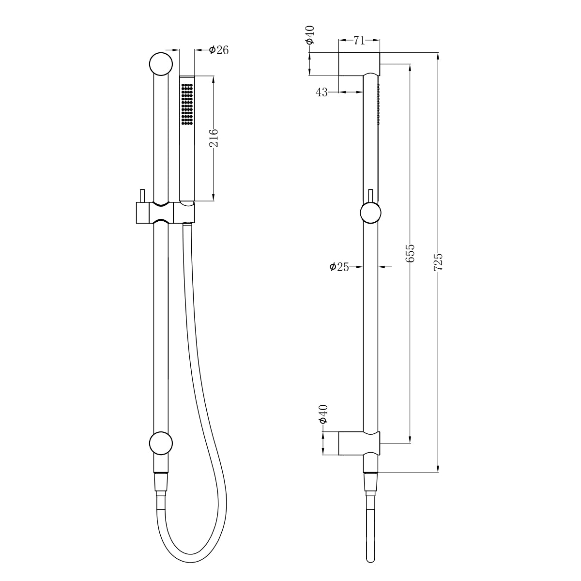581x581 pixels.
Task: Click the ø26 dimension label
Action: tap(218, 50)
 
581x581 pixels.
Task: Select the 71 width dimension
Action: tap(359, 41)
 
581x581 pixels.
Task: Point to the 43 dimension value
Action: tap(322, 92)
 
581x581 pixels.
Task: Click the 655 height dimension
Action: tap(410, 253)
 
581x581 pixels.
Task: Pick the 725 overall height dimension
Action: tap(438, 262)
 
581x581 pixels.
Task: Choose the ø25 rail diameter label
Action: tap(339, 266)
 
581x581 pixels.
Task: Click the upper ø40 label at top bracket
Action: tap(310, 35)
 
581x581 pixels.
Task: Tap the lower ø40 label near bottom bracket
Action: tap(324, 414)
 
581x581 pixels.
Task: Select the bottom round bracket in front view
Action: tap(161, 443)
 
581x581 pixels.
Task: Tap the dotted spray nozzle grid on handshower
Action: tap(187, 104)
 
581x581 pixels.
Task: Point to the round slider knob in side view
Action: tap(371, 213)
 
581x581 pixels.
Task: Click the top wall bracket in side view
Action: tap(359, 63)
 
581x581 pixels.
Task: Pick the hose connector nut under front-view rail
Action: tap(161, 482)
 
